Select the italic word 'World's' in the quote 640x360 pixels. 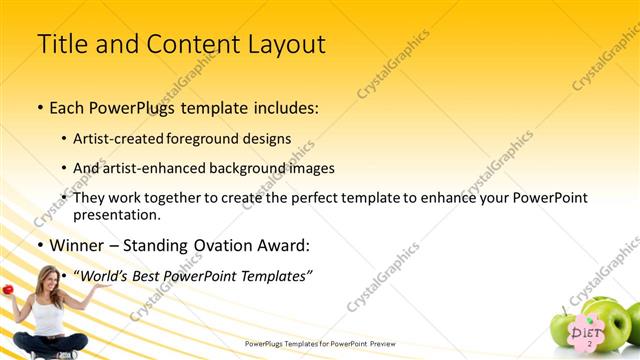pos(107,275)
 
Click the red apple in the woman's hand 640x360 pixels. pos(7,289)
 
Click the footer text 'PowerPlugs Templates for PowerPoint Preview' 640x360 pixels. pos(320,344)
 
